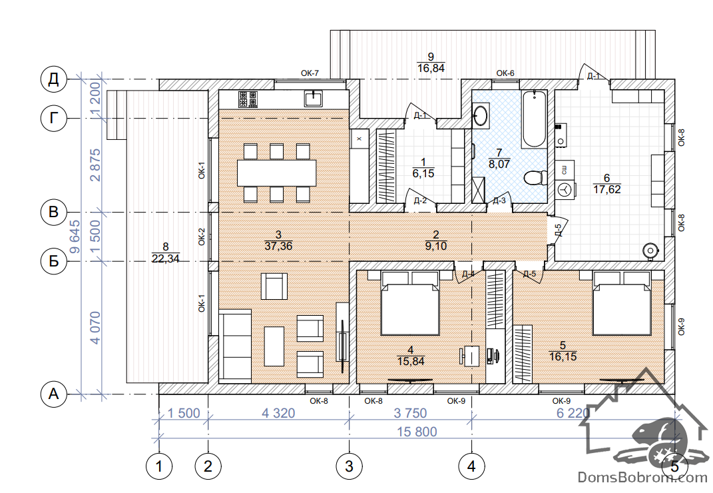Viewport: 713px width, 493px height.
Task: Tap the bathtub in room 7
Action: tap(535, 119)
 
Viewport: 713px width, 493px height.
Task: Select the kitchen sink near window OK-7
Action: tap(314, 99)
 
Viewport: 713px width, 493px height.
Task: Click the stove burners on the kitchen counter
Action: tap(248, 99)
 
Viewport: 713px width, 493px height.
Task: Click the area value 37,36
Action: tap(278, 246)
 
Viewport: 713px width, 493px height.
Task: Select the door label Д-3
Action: tap(499, 201)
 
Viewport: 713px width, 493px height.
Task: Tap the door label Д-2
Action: tap(420, 201)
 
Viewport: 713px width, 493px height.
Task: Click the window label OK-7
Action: tap(310, 73)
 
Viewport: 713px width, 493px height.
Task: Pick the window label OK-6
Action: tap(505, 73)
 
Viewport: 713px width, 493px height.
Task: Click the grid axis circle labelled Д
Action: tap(54, 79)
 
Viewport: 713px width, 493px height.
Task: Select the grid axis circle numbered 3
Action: tap(350, 466)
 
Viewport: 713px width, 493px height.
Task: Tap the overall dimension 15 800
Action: tap(417, 432)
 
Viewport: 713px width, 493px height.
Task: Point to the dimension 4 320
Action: tap(278, 413)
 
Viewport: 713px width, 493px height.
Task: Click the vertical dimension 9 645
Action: tap(74, 237)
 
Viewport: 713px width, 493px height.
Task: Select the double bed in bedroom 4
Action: tap(411, 303)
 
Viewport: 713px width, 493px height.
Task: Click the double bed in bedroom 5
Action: tap(622, 303)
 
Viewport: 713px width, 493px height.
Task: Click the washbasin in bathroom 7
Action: tap(480, 115)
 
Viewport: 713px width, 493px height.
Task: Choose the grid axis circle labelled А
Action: tap(54, 394)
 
